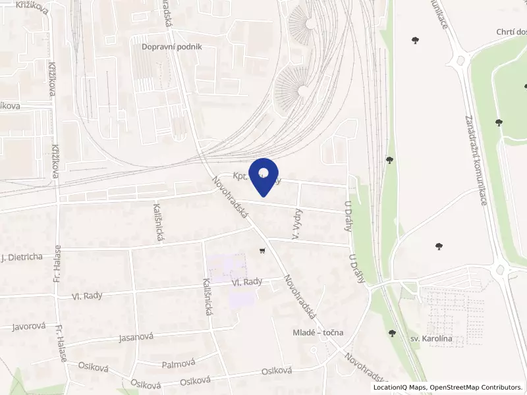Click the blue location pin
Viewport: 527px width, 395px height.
[x=263, y=175]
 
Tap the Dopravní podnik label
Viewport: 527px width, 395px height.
[x=171, y=47]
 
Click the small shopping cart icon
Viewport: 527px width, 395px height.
[x=263, y=251]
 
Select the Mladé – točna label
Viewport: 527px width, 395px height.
[x=318, y=332]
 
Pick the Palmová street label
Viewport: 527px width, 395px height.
[x=179, y=363]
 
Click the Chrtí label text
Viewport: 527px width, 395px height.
[x=511, y=32]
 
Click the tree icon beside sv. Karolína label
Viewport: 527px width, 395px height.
[x=393, y=334]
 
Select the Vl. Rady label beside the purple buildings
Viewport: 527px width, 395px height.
[x=247, y=282]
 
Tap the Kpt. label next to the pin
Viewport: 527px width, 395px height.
[x=242, y=176]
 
